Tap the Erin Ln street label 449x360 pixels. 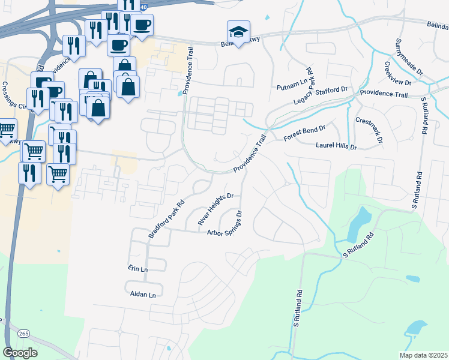coord(137,269)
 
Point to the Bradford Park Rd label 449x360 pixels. coord(165,215)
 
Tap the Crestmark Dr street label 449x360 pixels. coord(369,130)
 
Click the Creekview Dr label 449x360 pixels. coord(398,74)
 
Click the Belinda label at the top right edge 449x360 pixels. coord(436,26)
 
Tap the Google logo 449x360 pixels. coord(20,352)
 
